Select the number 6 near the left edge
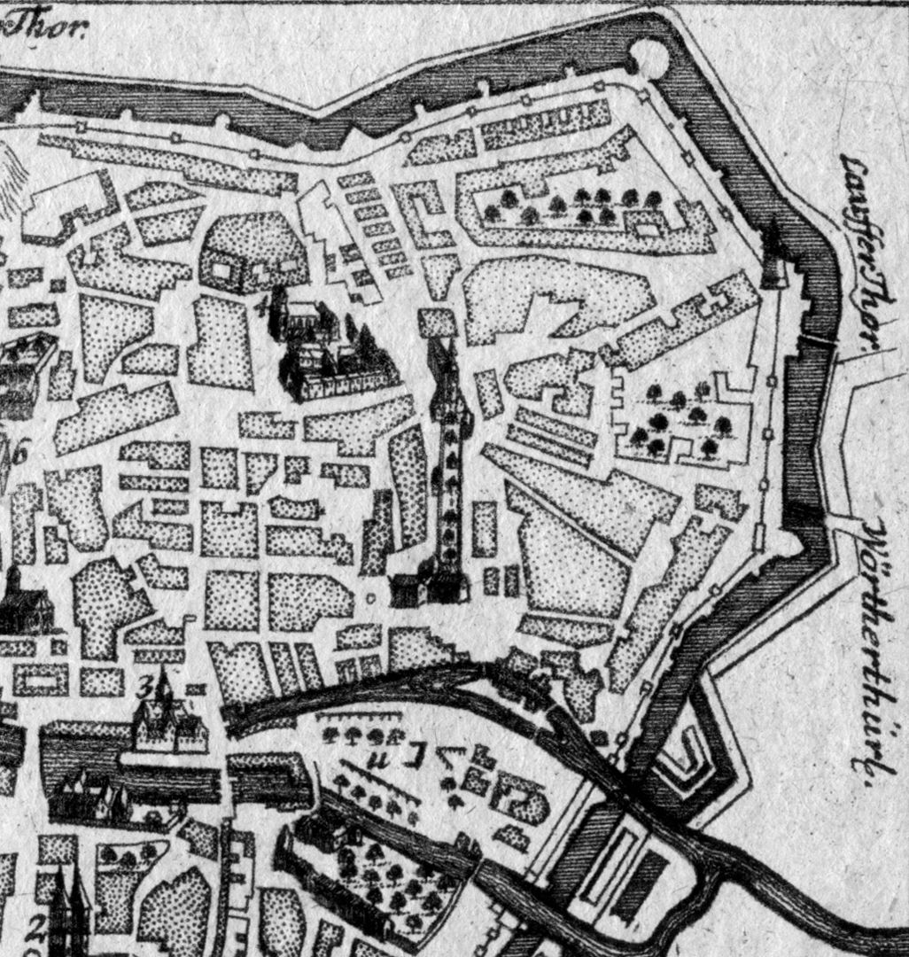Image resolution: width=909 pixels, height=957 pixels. pyautogui.click(x=19, y=452)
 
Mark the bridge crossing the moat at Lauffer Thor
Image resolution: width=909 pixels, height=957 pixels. pyautogui.click(x=820, y=341)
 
